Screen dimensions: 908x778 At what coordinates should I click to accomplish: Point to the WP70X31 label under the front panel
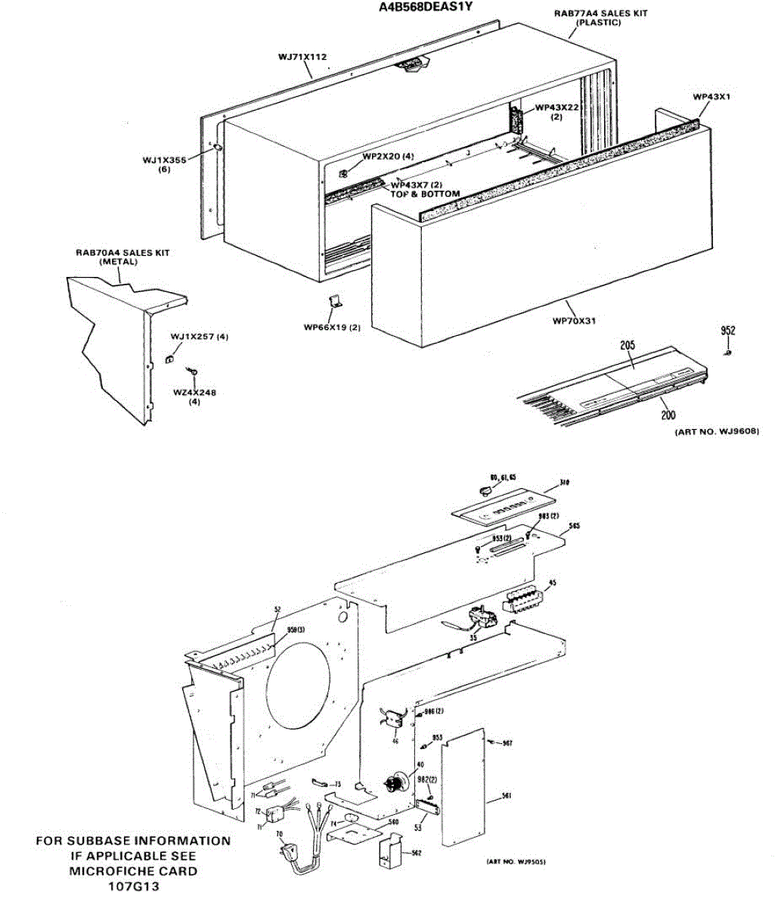click(x=575, y=321)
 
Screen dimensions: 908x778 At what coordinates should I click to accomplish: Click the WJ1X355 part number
click(x=165, y=160)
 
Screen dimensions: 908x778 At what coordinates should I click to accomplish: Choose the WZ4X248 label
click(x=194, y=392)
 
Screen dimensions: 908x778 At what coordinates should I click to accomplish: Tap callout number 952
click(x=727, y=331)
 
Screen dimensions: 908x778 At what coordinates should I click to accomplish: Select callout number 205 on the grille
click(x=627, y=345)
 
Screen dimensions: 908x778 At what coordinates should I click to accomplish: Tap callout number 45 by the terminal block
click(x=553, y=583)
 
